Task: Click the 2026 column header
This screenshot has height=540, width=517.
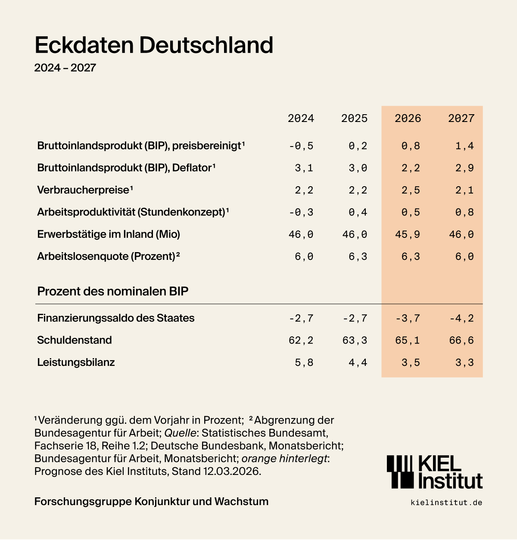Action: tap(408, 119)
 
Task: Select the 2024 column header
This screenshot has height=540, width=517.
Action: tap(301, 119)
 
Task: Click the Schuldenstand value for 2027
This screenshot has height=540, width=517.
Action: tap(461, 340)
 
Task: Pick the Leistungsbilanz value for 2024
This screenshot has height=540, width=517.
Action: tap(304, 362)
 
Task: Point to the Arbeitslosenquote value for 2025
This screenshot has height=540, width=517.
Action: tap(358, 257)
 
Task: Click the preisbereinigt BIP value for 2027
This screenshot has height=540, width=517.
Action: tap(464, 146)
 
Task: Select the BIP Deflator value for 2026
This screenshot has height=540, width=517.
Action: tap(411, 168)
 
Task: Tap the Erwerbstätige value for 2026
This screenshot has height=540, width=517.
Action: tap(408, 234)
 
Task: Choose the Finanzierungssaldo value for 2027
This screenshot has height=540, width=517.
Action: tap(461, 318)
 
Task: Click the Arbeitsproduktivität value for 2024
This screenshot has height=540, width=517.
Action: tap(301, 212)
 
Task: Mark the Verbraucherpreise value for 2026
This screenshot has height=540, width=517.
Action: tap(411, 190)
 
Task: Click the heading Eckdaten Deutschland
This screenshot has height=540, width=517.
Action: tap(154, 45)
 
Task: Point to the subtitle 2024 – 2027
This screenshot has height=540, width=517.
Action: tap(65, 68)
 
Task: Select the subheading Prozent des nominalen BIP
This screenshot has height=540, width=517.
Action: tap(113, 291)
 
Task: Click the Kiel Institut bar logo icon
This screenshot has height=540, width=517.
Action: tap(400, 472)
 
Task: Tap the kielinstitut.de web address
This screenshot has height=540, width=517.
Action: tap(446, 503)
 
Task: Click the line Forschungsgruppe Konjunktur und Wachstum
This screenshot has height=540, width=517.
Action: tap(151, 502)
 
